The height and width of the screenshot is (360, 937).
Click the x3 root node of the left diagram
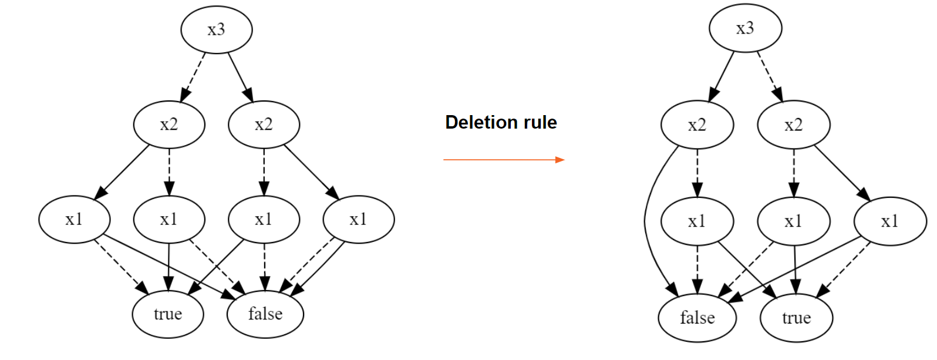(216, 29)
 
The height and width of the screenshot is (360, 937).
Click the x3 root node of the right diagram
(745, 28)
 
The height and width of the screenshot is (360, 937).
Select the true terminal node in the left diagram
(168, 314)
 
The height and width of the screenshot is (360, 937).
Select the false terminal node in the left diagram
(265, 314)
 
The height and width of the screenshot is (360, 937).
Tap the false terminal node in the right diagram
(697, 318)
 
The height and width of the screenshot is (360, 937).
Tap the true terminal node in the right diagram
(796, 318)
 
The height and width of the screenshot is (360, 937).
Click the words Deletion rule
(501, 122)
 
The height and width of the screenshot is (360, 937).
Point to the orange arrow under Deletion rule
(503, 159)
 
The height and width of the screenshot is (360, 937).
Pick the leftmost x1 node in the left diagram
(74, 219)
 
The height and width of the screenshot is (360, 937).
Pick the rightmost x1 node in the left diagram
(358, 219)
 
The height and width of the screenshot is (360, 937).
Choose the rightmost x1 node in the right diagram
(889, 221)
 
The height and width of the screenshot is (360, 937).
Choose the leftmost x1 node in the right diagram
(697, 221)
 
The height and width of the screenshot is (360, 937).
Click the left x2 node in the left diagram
(169, 125)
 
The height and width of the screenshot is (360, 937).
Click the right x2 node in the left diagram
(264, 125)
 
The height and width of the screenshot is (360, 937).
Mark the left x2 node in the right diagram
(697, 125)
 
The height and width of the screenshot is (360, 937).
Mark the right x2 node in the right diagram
(793, 125)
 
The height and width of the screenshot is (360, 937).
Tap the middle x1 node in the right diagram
(793, 221)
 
